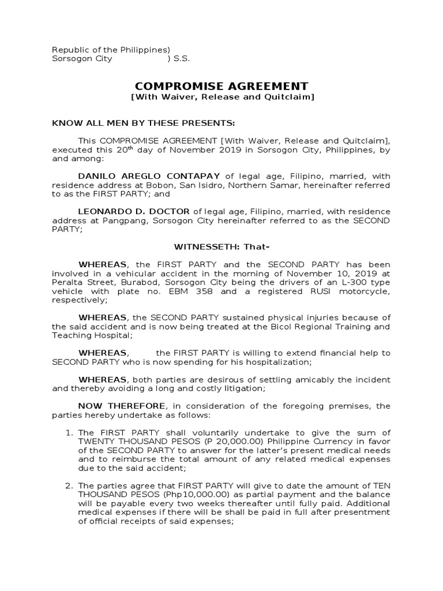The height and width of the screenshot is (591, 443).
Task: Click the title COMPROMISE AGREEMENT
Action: [222, 85]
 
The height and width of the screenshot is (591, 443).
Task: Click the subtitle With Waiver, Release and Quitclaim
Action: [222, 97]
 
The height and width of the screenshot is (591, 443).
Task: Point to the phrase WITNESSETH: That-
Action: [222, 248]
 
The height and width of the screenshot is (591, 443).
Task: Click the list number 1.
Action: [68, 433]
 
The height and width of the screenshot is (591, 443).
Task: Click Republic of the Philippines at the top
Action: [110, 50]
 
